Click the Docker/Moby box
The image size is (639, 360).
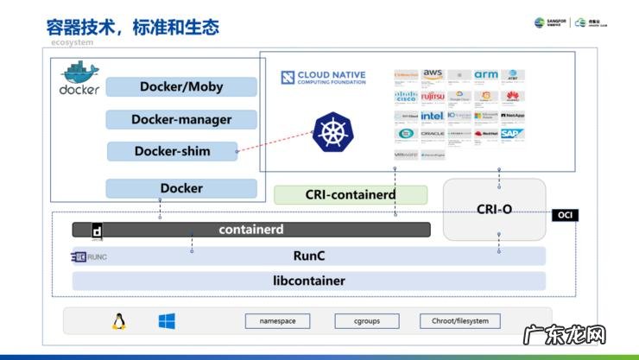181,87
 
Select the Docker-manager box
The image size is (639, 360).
181,120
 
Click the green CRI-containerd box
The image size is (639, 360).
351,195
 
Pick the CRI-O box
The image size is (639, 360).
494,209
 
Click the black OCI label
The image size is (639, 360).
566,215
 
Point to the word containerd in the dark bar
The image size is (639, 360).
250,230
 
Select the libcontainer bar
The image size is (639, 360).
308,281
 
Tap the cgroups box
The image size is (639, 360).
367,321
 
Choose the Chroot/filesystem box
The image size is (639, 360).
460,321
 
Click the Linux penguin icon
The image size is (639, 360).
118,322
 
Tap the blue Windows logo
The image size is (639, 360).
167,322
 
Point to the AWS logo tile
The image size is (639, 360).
433,76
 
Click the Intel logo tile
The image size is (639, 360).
433,116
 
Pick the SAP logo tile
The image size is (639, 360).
511,134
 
